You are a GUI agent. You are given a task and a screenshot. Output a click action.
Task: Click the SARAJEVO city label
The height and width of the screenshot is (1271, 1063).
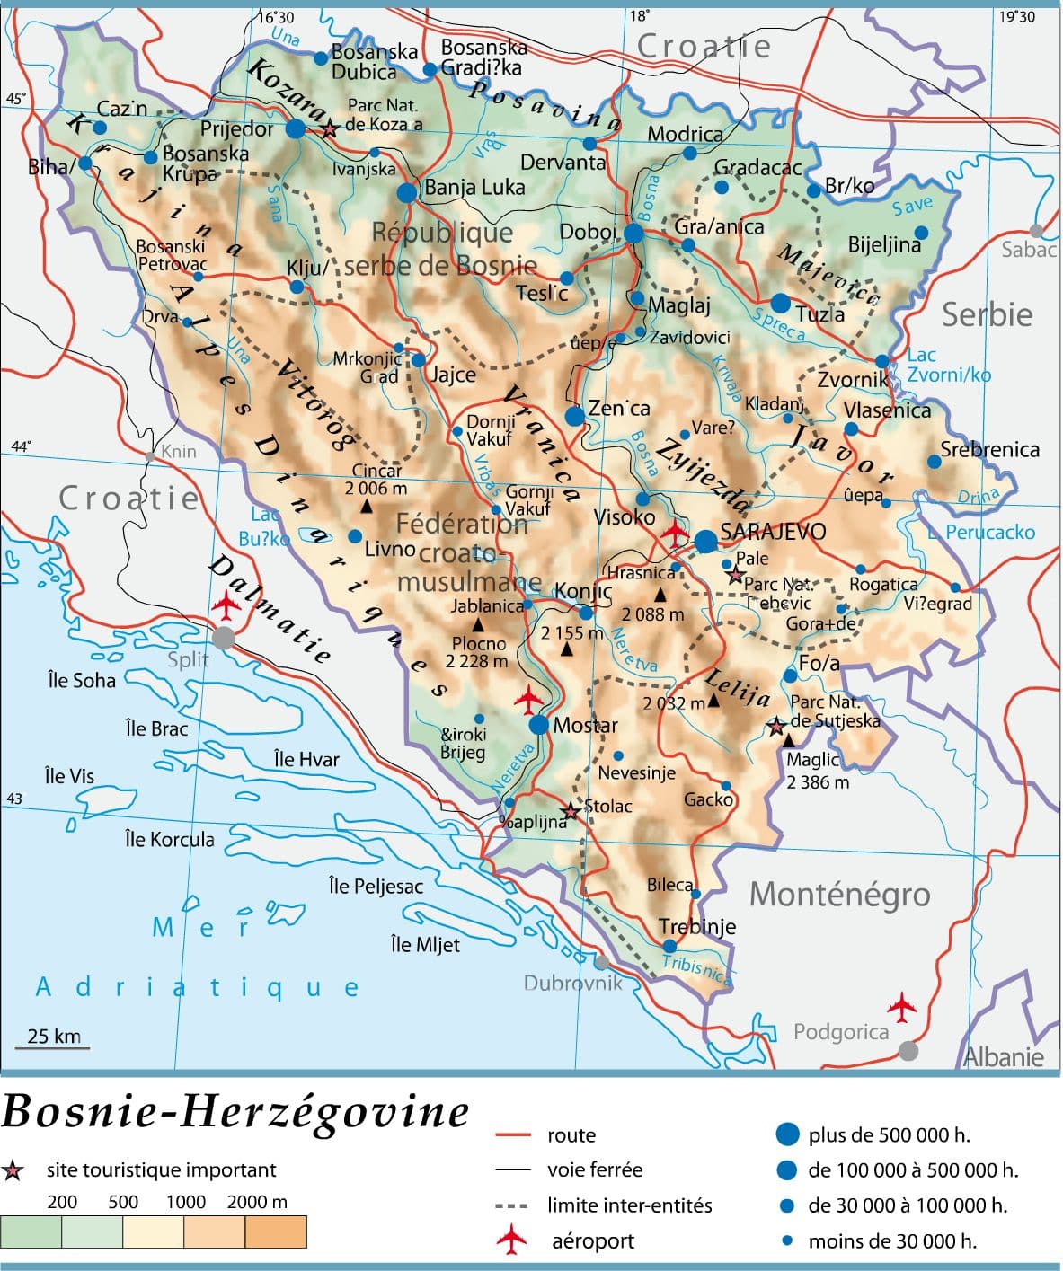(773, 532)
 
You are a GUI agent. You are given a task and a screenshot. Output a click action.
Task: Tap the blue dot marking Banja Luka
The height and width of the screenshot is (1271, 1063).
(407, 191)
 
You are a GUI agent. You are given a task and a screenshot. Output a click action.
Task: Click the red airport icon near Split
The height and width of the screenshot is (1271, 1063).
(226, 607)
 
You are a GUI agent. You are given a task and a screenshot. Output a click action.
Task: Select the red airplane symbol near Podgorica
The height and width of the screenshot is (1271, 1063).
(901, 1007)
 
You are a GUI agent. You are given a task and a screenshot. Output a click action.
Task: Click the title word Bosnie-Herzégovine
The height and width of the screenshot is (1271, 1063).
(235, 1112)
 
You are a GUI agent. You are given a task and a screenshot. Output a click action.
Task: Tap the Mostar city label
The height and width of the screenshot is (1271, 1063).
(585, 725)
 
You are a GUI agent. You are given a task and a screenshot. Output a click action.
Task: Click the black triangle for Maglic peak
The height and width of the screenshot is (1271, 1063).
(788, 740)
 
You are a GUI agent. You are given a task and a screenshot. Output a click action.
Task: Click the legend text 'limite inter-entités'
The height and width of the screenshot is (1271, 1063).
(629, 1205)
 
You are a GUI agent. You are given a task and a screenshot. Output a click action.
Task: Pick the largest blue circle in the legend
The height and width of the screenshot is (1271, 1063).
(787, 1134)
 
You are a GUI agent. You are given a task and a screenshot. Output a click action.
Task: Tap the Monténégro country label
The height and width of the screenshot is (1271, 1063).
(839, 895)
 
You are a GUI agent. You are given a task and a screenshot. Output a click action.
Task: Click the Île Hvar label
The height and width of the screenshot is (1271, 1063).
(306, 760)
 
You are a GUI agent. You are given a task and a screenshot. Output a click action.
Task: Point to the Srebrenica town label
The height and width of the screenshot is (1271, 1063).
(989, 449)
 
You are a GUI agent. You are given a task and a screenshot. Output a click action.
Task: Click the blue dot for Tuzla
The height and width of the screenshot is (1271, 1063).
(780, 304)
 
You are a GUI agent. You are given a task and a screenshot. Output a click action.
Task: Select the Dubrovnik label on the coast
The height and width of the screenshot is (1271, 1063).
(572, 983)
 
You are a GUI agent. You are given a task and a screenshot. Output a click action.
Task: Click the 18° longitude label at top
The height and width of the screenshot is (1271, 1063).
(640, 15)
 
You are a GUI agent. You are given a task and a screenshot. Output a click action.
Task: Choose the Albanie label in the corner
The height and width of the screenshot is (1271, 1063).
(1004, 1056)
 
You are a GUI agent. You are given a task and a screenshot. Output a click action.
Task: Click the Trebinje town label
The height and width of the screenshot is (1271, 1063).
(697, 926)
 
